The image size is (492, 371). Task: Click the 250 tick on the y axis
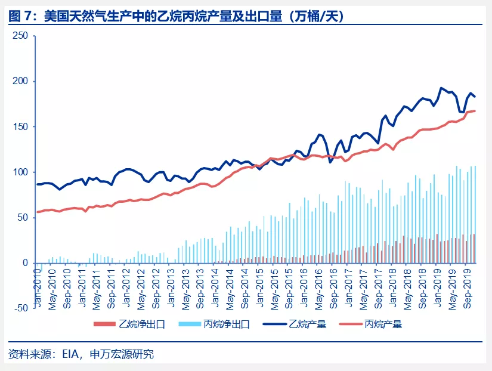click(20, 36)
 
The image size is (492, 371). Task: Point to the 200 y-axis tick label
click(20, 81)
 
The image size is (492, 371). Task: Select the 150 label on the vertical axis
click(20, 126)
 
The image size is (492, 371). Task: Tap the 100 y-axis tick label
click(20, 172)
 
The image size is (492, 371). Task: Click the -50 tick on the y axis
click(20, 308)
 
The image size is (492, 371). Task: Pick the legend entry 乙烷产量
click(307, 325)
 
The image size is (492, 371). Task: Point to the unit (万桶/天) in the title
click(315, 16)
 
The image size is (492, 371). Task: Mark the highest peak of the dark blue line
click(441, 88)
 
